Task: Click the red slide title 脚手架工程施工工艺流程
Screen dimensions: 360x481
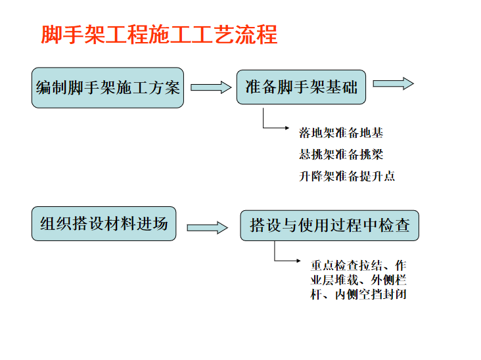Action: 160,34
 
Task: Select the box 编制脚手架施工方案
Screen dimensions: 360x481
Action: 108,87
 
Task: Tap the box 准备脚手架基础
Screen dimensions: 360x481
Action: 301,86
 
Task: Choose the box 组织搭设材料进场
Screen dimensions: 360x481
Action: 104,223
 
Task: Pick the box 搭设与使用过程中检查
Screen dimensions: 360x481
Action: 330,225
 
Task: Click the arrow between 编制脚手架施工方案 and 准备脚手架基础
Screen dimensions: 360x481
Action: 210,87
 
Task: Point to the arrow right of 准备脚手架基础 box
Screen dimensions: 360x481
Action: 393,83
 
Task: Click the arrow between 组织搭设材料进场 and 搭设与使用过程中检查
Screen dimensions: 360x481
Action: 207,227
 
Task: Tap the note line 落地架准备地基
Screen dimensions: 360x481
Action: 341,133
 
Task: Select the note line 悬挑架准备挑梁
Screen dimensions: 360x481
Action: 341,155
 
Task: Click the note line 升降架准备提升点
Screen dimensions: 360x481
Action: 347,176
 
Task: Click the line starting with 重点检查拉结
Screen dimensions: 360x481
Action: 358,265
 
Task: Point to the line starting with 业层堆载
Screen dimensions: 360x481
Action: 358,280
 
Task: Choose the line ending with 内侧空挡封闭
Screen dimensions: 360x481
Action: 358,294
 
